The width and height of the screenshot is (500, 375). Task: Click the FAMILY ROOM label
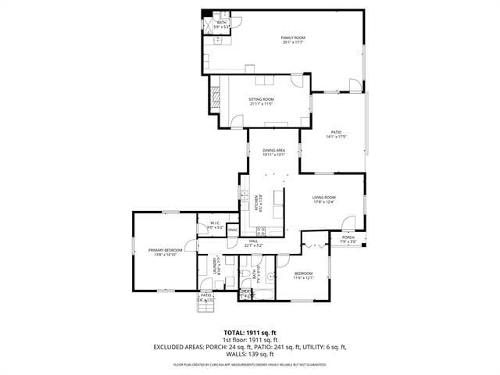coord(293,38)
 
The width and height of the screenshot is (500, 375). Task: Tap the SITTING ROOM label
coord(261,100)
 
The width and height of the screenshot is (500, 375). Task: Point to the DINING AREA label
coord(273,150)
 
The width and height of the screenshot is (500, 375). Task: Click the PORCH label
coord(348,237)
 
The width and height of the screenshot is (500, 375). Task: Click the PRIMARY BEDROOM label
coord(163,251)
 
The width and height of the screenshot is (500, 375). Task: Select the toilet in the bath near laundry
coord(245,276)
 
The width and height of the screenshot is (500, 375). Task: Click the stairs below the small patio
coord(204,305)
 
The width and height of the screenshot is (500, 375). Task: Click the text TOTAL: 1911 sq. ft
coord(249,332)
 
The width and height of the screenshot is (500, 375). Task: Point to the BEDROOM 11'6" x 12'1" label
coord(303,273)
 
